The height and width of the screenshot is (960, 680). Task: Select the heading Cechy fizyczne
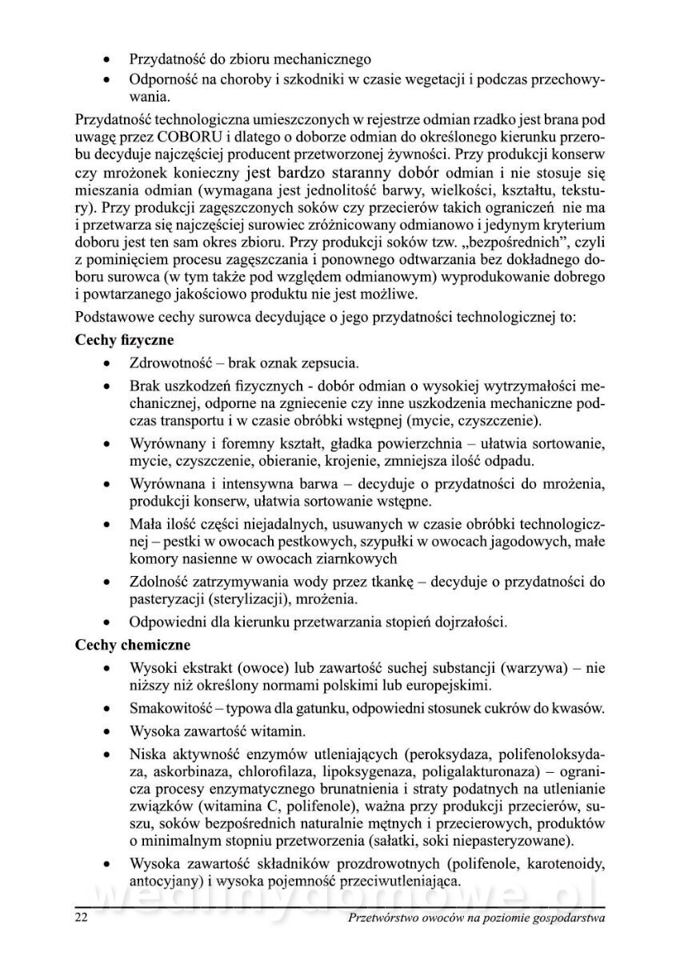pyautogui.click(x=123, y=339)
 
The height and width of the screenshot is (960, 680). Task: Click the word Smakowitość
pyautogui.click(x=173, y=709)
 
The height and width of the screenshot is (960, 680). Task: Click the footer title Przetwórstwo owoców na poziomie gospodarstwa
pyautogui.click(x=477, y=918)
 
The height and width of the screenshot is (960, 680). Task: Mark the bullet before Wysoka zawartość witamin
pyautogui.click(x=107, y=732)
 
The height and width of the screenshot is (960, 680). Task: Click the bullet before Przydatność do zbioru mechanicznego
pyautogui.click(x=107, y=59)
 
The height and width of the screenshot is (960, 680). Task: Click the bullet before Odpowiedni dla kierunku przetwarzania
pyautogui.click(x=107, y=621)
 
